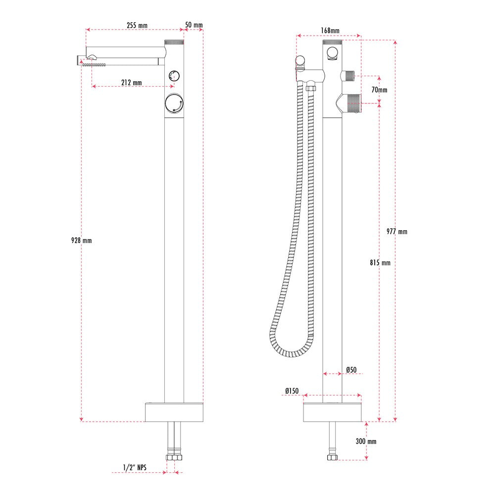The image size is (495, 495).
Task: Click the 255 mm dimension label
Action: [137, 25]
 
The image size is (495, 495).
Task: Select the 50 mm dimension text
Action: [194, 25]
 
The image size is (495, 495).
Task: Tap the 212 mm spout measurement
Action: [131, 82]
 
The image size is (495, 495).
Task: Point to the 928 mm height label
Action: [82, 241]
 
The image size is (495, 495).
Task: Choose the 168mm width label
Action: [330, 31]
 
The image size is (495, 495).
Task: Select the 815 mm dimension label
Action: [380, 263]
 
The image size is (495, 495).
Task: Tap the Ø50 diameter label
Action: [351, 369]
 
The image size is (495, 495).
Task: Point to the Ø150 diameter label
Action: [292, 391]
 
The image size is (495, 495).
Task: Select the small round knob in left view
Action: [174, 76]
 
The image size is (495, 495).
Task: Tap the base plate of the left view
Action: [174, 412]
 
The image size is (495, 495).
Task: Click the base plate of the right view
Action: [332, 412]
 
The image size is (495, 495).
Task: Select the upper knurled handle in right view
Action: [349, 76]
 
